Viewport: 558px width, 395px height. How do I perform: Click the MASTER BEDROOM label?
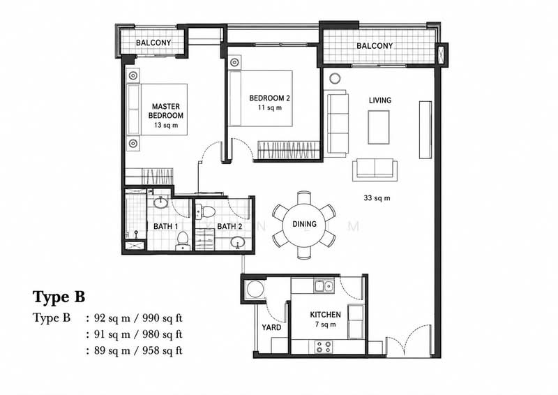coord(166,111)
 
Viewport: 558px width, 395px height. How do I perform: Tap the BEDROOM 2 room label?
coord(269,98)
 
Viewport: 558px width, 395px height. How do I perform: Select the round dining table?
coord(304,224)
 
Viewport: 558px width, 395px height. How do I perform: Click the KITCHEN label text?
coord(325,315)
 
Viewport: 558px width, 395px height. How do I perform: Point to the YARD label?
coord(271,327)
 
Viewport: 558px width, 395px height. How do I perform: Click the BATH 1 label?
coord(166,226)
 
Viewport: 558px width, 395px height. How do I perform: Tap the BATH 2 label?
coord(229,226)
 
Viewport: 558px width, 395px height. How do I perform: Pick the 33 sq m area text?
coord(377,197)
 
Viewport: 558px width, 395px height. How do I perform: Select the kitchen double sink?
coord(324,285)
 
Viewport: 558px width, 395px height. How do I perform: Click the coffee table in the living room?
coord(379,127)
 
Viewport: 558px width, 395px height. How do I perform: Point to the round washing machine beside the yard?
coord(255,289)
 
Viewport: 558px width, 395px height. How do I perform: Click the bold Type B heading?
coord(59,297)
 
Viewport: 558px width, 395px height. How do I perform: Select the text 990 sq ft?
coord(163,318)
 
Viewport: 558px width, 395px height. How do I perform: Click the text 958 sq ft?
coord(163,350)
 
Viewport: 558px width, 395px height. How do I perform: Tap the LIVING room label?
coord(379,100)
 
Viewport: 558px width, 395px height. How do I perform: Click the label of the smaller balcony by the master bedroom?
coord(153,43)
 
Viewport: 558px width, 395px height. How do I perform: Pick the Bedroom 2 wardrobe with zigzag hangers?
coord(287,150)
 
